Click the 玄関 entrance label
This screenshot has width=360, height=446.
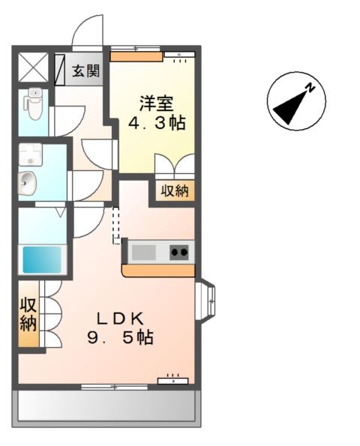[86, 71]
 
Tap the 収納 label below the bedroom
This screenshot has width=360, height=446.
[175, 190]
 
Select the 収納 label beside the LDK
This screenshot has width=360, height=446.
[28, 315]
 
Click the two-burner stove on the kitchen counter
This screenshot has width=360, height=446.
[179, 252]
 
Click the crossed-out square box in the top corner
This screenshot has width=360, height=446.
[33, 67]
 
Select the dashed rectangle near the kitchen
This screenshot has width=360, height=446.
[116, 225]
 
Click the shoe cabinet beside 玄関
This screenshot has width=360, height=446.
[60, 68]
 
